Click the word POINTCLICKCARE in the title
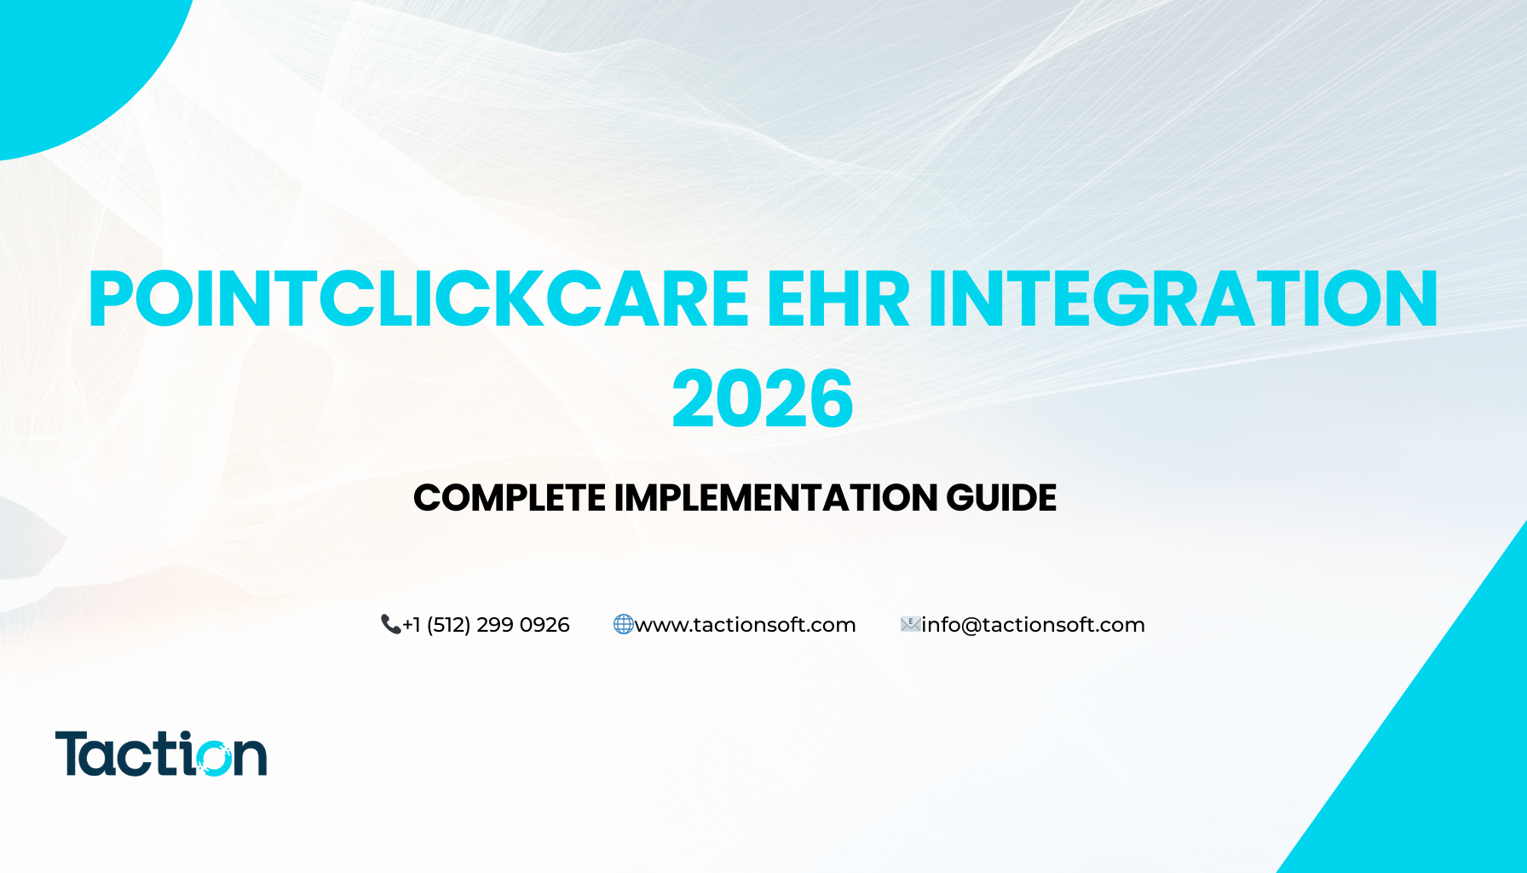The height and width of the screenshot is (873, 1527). tap(418, 298)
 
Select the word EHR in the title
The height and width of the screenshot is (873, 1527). tap(838, 298)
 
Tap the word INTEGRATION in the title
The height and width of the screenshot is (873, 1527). tap(1184, 298)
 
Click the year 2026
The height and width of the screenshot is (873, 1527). tap(763, 399)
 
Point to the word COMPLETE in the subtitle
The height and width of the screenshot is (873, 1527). tap(510, 498)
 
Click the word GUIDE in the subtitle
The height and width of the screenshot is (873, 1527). tap(1001, 498)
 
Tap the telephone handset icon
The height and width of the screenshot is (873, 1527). tap(390, 625)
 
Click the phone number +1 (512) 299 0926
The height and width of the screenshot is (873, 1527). tap(486, 625)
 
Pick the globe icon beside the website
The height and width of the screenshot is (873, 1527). tap(624, 625)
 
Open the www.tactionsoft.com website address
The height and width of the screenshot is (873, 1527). tap(746, 625)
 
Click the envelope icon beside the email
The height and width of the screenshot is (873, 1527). tap(910, 625)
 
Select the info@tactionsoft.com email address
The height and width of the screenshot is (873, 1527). tap(1033, 625)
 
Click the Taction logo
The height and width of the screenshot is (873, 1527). tap(161, 754)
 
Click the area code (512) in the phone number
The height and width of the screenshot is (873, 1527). tap(448, 625)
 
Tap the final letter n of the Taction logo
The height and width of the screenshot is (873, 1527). tap(251, 759)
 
